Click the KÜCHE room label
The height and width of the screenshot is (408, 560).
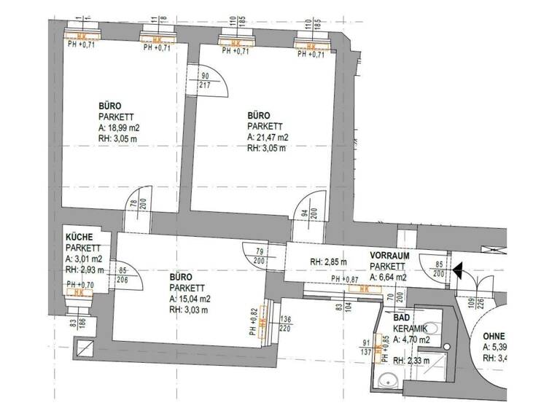click(79, 237)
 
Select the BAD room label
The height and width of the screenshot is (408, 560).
click(401, 318)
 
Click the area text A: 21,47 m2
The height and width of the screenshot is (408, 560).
click(268, 137)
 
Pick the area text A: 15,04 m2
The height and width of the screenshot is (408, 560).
click(190, 299)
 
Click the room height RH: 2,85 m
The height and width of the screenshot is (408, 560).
click(327, 262)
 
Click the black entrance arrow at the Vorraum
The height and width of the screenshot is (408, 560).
click(457, 272)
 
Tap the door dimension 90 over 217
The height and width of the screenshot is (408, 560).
click(206, 81)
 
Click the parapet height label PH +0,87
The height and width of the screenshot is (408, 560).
click(346, 280)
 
